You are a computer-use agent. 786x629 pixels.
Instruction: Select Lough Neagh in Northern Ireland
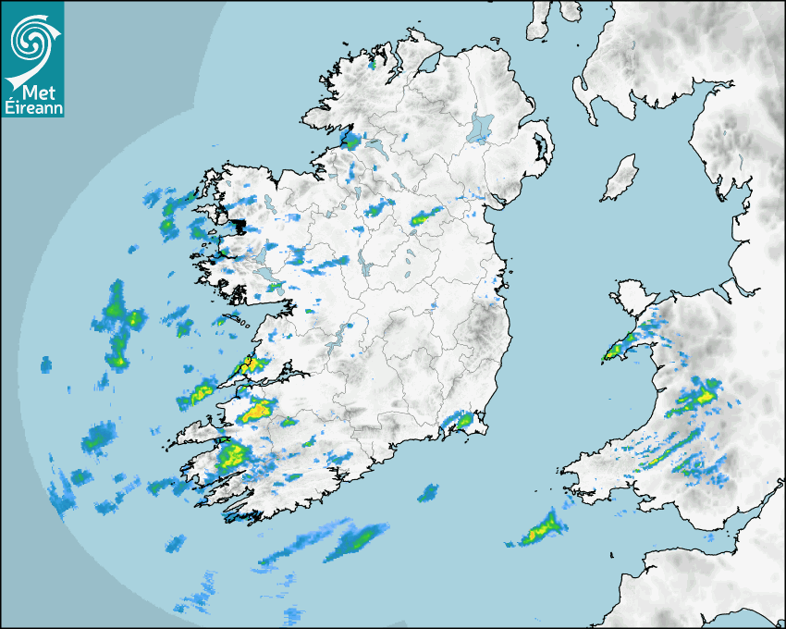(480, 128)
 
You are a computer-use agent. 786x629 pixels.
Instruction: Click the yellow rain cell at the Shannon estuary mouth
(248, 364)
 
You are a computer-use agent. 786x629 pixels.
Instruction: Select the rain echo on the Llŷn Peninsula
(614, 351)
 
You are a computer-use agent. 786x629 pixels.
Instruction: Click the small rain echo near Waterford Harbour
(463, 421)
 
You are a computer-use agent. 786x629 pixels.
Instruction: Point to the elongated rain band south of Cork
(355, 538)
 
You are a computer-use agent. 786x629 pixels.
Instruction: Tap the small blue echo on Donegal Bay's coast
(350, 141)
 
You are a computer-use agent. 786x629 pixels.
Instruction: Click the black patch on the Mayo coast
(239, 226)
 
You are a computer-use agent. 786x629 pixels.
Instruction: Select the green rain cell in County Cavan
(424, 218)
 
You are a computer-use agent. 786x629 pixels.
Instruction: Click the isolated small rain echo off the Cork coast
(427, 492)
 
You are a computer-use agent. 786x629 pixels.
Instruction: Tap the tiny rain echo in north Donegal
(373, 65)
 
